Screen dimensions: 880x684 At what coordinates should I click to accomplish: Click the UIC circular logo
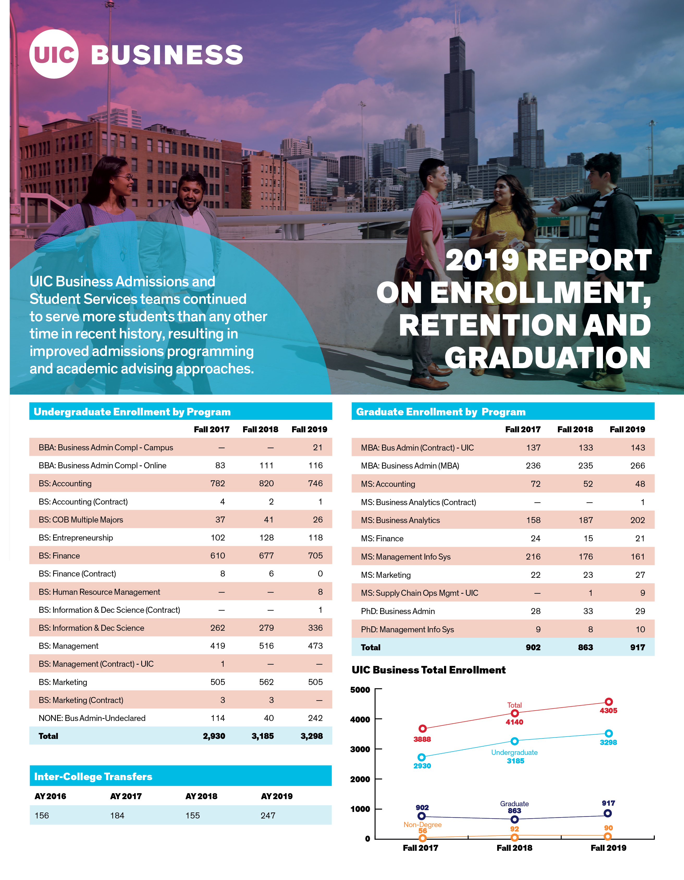[54, 54]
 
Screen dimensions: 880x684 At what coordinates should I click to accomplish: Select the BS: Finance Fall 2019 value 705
[315, 556]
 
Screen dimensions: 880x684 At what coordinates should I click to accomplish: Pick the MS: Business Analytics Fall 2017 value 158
[533, 520]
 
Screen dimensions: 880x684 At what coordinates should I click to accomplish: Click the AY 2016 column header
[50, 796]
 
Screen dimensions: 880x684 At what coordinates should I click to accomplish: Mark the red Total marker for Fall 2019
[609, 702]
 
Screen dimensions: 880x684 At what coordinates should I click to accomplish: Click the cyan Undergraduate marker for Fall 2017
[422, 757]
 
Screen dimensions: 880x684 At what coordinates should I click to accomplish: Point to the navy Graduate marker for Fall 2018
[515, 820]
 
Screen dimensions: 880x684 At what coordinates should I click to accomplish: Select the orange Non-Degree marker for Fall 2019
[608, 836]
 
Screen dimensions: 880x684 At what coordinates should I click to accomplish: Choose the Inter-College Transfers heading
[93, 776]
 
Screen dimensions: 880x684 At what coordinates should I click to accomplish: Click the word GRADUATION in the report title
[547, 358]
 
